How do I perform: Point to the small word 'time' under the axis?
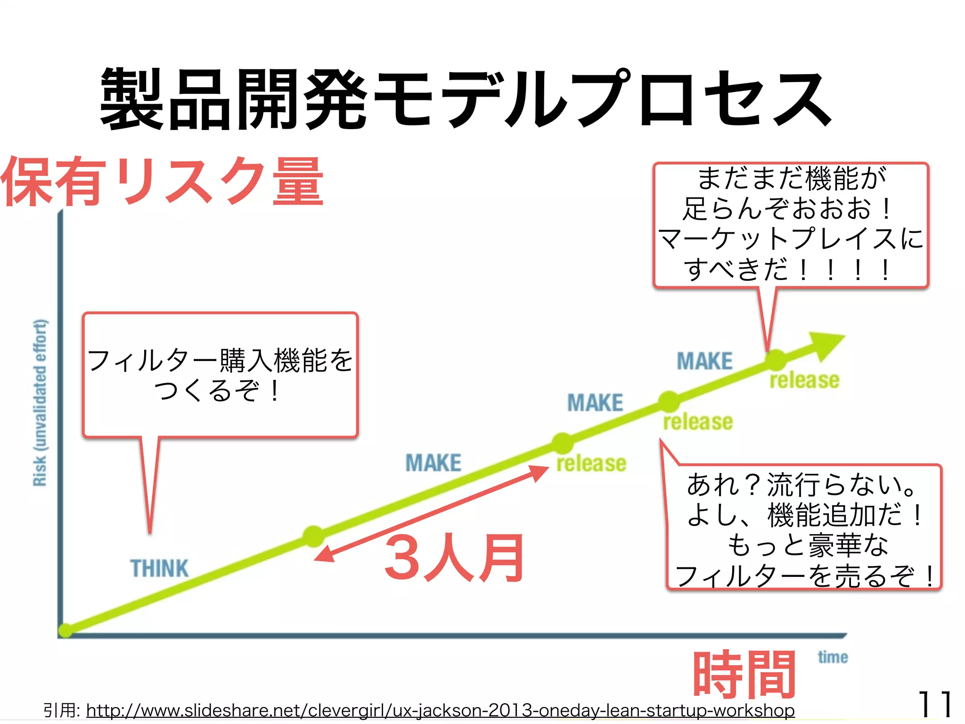coord(833,657)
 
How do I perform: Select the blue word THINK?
coord(159,568)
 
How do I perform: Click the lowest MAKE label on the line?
coord(433,463)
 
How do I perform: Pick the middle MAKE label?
coord(595,403)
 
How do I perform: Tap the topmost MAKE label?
coord(704,362)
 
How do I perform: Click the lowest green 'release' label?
coord(591,464)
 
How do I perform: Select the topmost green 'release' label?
coord(804,380)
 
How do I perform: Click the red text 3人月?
coord(454,559)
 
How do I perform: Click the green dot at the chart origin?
coord(65,630)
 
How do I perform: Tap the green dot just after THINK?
coord(313,536)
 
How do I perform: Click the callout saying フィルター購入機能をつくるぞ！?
coord(220,375)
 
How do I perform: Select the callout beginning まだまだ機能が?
coord(790,224)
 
